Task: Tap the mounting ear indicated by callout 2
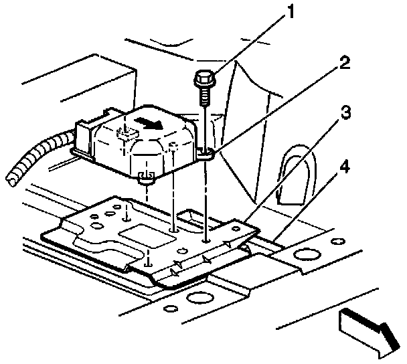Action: (x=207, y=155)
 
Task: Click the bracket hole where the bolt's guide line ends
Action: (x=206, y=239)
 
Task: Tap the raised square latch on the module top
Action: (x=125, y=131)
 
